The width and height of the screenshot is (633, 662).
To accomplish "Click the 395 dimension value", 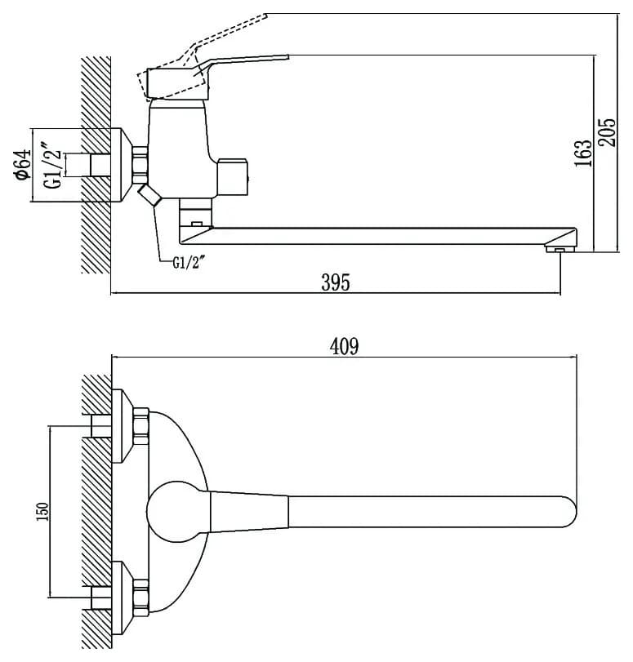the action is click(x=336, y=282).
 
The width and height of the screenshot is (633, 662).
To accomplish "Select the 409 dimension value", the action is click(x=345, y=346).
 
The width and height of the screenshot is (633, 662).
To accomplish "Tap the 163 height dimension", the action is click(x=583, y=153).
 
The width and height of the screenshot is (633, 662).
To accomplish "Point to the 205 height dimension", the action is click(x=608, y=132).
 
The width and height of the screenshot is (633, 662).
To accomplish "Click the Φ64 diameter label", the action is click(x=24, y=165).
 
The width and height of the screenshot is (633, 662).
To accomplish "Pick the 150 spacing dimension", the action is click(x=42, y=511).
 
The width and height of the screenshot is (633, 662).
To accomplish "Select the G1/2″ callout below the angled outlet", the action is click(x=189, y=263).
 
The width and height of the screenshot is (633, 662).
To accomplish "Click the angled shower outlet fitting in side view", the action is click(x=149, y=195).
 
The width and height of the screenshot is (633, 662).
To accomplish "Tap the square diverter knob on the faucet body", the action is click(x=232, y=177).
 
